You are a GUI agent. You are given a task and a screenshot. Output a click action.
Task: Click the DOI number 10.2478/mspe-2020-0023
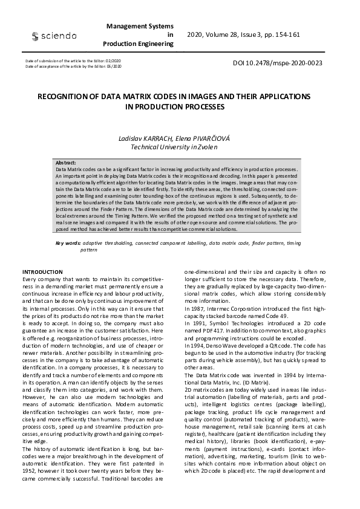click(x=277, y=63)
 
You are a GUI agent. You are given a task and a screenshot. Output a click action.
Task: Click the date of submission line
click(x=73, y=61)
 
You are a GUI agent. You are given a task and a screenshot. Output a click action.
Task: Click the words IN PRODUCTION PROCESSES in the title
click(x=174, y=106)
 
